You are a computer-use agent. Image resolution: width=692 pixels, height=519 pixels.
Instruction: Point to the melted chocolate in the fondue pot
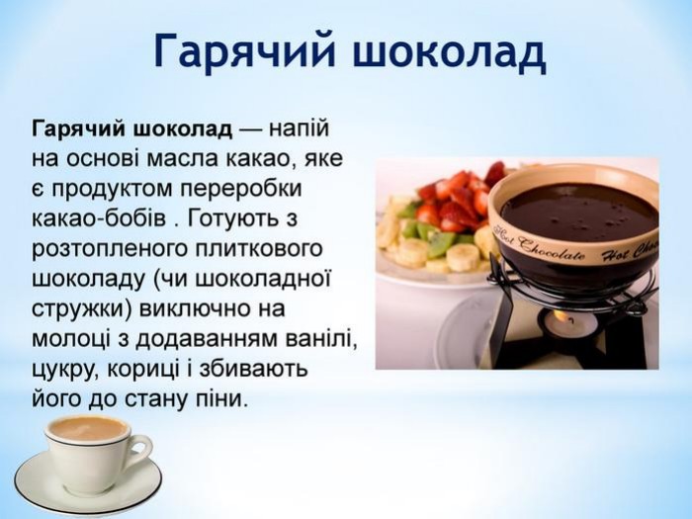578,210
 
